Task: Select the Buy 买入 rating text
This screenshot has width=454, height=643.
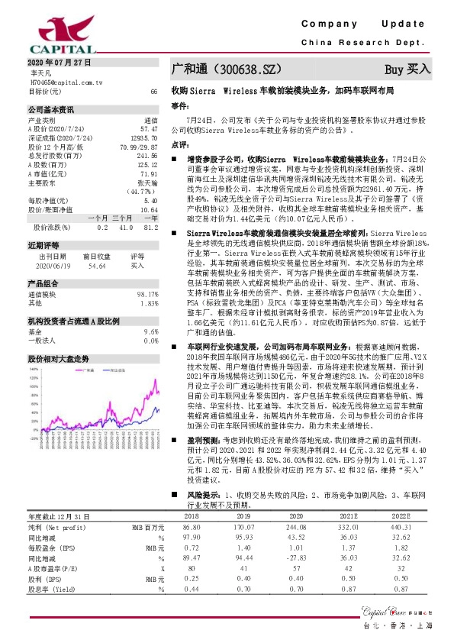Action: (407, 69)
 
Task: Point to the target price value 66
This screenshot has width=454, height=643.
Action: (153, 91)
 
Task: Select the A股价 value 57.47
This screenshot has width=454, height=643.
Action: (149, 129)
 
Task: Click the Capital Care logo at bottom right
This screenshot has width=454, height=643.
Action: (400, 610)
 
